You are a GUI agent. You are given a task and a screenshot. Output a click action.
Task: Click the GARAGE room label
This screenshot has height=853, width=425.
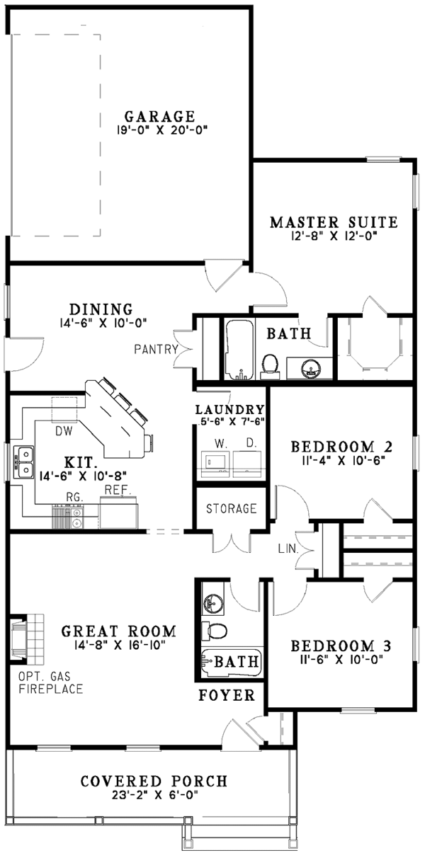point(159,115)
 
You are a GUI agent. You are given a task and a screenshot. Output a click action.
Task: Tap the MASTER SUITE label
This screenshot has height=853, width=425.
point(334,222)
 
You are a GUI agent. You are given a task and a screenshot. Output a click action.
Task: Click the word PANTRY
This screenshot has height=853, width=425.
point(155,349)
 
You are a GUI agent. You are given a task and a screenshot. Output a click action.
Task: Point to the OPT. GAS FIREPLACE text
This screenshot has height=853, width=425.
point(52,681)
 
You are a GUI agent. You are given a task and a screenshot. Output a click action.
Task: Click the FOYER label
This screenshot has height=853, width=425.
point(226,696)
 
